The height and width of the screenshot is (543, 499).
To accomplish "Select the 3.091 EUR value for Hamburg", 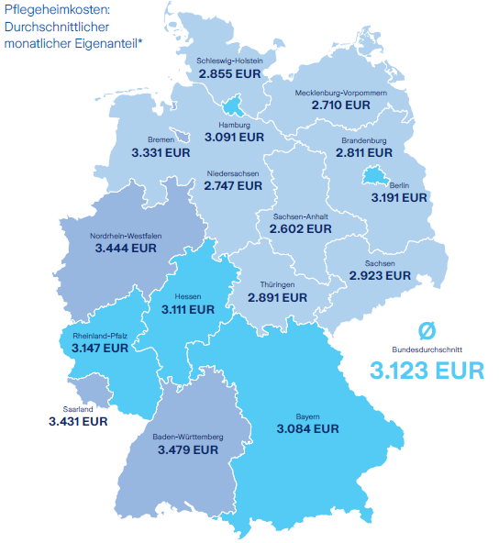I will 234,137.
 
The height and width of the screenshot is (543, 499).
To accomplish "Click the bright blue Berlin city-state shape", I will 376,175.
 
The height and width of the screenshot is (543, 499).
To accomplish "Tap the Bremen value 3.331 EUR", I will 161,152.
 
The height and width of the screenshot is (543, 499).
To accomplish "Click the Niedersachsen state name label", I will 234,173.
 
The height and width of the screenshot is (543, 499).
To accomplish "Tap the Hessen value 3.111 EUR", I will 188,310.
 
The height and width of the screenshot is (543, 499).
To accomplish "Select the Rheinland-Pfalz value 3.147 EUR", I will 101,349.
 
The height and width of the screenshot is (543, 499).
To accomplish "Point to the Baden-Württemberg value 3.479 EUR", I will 187,450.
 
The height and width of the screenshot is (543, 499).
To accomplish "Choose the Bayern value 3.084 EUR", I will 308,428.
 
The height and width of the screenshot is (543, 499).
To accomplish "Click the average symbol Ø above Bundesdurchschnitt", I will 427,330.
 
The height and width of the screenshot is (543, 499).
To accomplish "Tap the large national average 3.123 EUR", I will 427,371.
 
